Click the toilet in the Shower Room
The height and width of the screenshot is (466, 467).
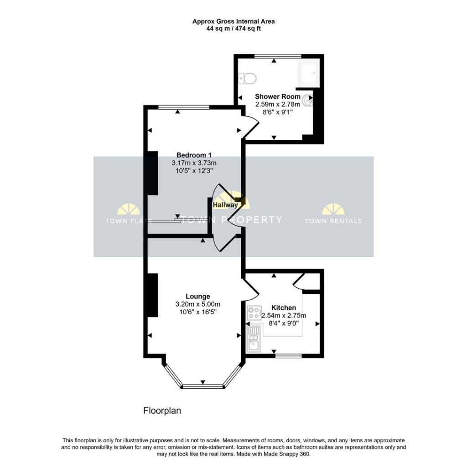click(248, 79)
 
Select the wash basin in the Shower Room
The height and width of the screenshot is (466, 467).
click(307, 101)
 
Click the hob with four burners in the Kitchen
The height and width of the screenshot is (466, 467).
click(254, 312)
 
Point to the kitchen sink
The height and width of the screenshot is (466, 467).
click(254, 339)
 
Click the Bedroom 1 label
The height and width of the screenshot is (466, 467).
click(194, 155)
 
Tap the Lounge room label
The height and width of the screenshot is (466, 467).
click(198, 296)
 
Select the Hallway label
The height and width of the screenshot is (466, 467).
click(225, 205)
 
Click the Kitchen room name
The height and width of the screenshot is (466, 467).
click(284, 307)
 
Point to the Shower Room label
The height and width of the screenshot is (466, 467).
click(278, 96)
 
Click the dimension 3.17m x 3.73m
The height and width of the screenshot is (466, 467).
click(194, 163)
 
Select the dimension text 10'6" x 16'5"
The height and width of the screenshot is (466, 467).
click(198, 312)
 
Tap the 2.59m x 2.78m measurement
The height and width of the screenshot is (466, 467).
click(278, 105)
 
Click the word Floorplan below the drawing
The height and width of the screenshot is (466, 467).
click(162, 411)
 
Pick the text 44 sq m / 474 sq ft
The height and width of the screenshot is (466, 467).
click(233, 29)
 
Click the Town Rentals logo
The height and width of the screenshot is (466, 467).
click(333, 214)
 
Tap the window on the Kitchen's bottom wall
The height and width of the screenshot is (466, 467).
click(288, 355)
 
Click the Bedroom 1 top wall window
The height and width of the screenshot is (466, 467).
click(184, 107)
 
